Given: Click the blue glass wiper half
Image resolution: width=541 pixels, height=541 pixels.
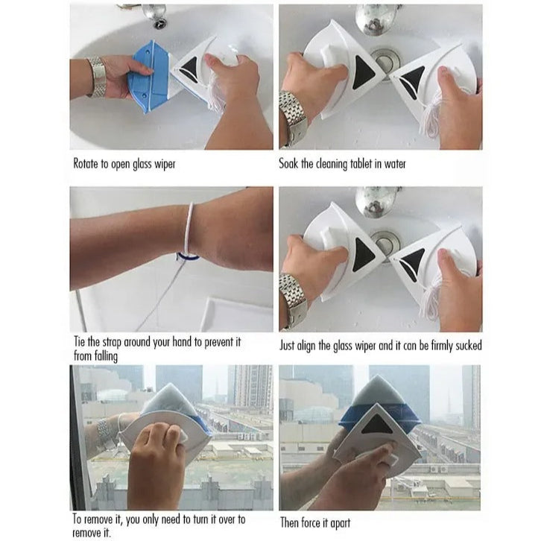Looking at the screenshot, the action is tap(148, 77).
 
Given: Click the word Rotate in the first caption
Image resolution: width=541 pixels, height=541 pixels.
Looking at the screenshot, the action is tap(86, 163).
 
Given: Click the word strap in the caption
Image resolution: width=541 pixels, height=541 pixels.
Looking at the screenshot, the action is tap(112, 343).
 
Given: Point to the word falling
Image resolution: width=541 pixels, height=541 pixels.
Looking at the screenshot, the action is tap(106, 356).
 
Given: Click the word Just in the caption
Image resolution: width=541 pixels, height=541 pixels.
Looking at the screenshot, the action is tap(287, 346).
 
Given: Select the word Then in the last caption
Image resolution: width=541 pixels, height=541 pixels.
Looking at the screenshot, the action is tap(289, 522).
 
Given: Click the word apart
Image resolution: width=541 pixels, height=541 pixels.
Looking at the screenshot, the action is tap(341, 523).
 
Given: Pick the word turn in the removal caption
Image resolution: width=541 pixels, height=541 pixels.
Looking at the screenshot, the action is tap(202, 519).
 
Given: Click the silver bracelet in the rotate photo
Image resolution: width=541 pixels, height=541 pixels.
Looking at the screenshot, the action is tap(97, 77).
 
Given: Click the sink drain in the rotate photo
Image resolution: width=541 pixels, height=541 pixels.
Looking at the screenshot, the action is tap(159, 23).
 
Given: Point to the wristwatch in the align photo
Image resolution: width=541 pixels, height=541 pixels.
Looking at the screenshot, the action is tap(293, 300).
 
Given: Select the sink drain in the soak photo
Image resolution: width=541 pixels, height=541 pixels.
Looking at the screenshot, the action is tap(385, 61).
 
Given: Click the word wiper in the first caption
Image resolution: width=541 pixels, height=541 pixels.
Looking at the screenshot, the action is tap(165, 164).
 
